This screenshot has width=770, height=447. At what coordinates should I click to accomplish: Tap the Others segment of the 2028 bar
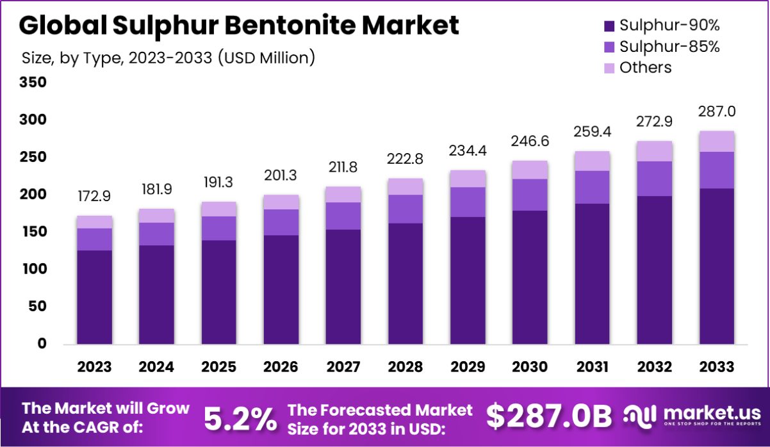point(405,186)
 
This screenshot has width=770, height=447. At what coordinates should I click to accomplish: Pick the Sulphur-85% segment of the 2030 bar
point(530,195)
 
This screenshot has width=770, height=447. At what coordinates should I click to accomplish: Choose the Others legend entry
point(645,68)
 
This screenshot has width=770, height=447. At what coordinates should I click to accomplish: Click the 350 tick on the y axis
point(33,83)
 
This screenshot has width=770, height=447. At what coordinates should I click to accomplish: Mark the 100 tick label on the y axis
point(33,269)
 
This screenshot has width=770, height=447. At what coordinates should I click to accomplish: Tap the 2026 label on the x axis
point(281,367)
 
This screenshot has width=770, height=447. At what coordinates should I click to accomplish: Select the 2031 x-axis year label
point(592,367)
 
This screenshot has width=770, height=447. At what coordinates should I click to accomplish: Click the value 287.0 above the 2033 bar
point(716,111)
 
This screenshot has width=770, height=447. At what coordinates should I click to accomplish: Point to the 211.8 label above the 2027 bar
point(343,167)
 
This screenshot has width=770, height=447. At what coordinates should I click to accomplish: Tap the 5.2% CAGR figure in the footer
point(241,418)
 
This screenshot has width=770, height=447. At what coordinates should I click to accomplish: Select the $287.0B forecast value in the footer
point(548,416)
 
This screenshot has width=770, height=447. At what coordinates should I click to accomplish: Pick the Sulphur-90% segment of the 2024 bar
point(156,295)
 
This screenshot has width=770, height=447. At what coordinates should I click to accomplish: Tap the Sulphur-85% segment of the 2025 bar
point(218,228)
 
